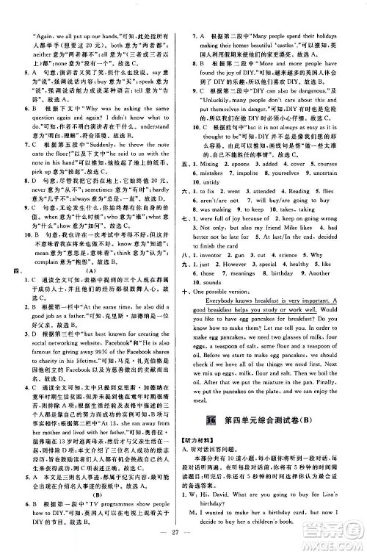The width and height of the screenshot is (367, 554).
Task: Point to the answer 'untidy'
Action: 216,160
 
